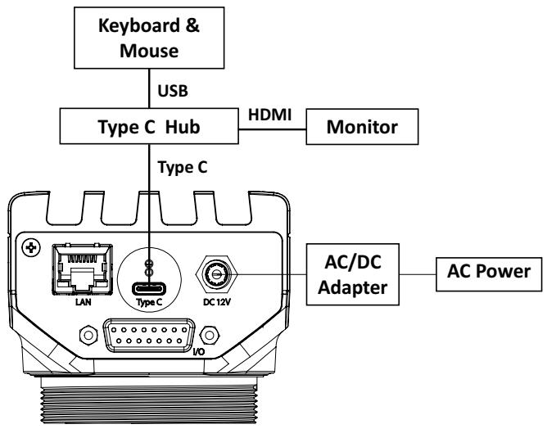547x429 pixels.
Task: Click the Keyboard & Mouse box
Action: point(149,38)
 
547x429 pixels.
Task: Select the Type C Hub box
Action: point(149,126)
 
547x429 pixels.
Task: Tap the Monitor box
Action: point(362,127)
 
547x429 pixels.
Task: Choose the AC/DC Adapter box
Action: point(353,274)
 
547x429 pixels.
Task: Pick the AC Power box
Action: point(489,274)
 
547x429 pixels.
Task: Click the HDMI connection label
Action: point(269,115)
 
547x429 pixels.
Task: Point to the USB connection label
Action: point(173,91)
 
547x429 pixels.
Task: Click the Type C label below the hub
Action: point(183,167)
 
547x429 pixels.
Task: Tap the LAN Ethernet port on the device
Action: point(83,269)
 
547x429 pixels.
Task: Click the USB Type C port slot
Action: point(149,289)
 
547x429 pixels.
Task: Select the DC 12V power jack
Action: point(217,274)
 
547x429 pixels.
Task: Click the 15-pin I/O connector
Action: point(149,335)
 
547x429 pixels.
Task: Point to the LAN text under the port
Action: point(83,302)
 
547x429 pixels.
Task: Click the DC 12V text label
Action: point(217,302)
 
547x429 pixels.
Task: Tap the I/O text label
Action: point(199,352)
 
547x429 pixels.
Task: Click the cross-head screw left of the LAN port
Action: point(31,248)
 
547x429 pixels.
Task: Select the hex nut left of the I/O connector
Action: point(88,335)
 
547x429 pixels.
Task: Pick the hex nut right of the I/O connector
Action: point(210,335)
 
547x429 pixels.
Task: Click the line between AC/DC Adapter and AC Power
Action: point(418,274)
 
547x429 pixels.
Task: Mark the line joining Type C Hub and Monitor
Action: point(273,129)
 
